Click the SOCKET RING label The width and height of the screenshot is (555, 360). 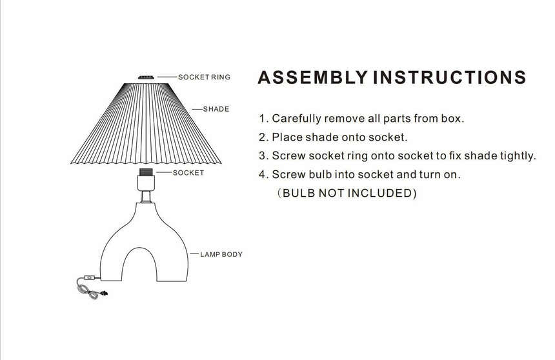click(x=204, y=77)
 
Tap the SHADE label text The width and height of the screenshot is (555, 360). click(x=216, y=109)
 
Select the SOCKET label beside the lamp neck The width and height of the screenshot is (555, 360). click(x=188, y=173)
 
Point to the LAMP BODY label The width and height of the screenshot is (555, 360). click(x=221, y=255)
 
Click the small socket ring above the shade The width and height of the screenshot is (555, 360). click(x=146, y=77)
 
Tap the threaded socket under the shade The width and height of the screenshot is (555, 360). click(x=146, y=173)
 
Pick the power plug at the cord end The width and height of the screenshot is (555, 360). click(x=102, y=295)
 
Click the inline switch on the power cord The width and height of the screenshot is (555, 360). click(x=90, y=279)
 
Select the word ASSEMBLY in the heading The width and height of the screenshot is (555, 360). click(x=313, y=78)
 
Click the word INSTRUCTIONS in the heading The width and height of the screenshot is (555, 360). click(x=450, y=78)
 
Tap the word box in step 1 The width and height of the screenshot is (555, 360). click(x=450, y=119)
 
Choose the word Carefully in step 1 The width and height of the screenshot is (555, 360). click(x=298, y=119)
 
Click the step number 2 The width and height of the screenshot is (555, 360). click(x=263, y=137)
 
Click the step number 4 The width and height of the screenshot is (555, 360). click(x=263, y=175)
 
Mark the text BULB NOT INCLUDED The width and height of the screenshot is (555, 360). click(x=347, y=194)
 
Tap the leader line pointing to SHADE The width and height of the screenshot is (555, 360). click(x=196, y=109)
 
